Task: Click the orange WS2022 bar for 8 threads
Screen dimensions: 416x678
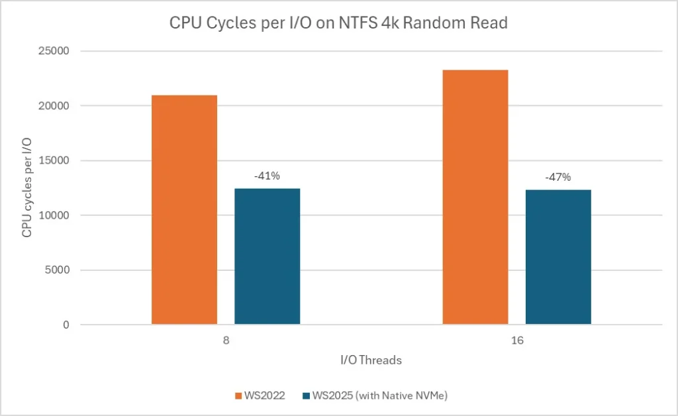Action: click(184, 209)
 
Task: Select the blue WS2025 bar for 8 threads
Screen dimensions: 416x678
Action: click(267, 256)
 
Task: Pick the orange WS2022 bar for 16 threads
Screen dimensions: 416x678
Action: click(475, 197)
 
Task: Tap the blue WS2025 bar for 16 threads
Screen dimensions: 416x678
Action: click(558, 257)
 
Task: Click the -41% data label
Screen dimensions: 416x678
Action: click(267, 177)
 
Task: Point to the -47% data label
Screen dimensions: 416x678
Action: click(558, 177)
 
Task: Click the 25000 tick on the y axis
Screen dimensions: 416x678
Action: click(57, 51)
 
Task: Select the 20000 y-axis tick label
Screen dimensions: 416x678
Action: click(57, 106)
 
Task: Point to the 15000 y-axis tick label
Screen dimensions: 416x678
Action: click(57, 161)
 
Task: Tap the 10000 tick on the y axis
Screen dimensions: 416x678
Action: click(57, 215)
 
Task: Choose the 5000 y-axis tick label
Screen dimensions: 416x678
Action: click(60, 270)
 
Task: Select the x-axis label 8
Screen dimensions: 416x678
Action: click(226, 339)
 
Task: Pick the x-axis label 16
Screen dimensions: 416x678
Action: click(516, 339)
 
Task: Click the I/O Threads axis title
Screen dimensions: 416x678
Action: click(371, 360)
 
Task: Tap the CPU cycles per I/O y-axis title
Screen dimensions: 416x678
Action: click(27, 188)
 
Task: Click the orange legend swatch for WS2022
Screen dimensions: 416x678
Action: click(238, 395)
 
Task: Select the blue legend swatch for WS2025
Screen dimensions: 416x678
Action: click(305, 395)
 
